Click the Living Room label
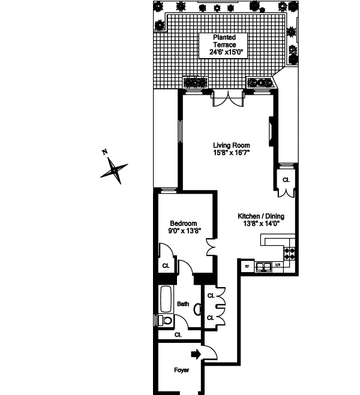pyautogui.click(x=232, y=145)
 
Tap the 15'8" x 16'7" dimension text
pyautogui.click(x=232, y=153)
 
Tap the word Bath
pyautogui.click(x=182, y=304)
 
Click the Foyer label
pyautogui.click(x=181, y=370)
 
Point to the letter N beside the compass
pyautogui.click(x=104, y=152)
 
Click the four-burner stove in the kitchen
pyautogui.click(x=290, y=254)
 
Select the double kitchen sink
pyautogui.click(x=263, y=266)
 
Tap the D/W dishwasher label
pyautogui.click(x=278, y=265)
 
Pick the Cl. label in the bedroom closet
pyautogui.click(x=165, y=266)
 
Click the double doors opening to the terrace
pyautogui.click(x=229, y=100)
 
